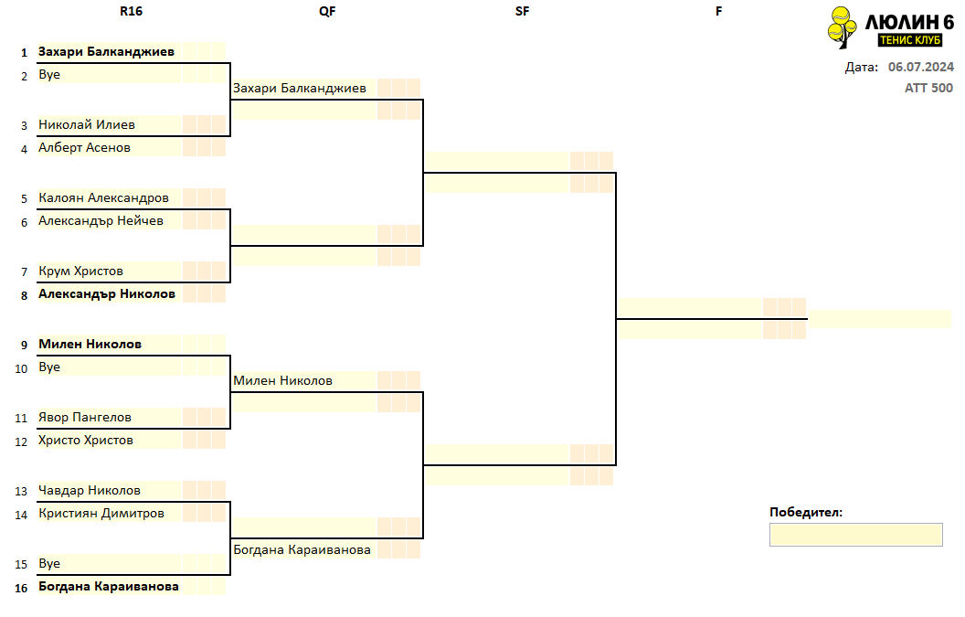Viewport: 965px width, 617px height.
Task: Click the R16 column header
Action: click(131, 11)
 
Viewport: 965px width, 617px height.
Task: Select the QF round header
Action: click(327, 11)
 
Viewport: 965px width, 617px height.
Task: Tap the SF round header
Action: click(523, 11)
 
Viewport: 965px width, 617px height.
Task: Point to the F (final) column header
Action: click(718, 11)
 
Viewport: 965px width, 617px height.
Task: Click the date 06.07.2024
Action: click(921, 67)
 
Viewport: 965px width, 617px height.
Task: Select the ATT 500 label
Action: click(928, 88)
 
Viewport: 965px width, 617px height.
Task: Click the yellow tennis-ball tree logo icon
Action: click(842, 27)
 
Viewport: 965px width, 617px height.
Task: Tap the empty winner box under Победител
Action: click(855, 535)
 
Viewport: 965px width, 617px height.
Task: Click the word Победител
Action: click(806, 512)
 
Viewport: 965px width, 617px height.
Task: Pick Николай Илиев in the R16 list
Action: click(87, 124)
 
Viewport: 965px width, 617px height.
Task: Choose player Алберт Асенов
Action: click(84, 147)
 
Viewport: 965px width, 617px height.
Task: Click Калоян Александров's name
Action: click(103, 197)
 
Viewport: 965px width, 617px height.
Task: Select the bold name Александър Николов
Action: click(107, 293)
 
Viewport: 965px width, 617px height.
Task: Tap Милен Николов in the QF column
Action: click(282, 380)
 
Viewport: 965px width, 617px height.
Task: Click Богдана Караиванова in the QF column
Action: click(302, 550)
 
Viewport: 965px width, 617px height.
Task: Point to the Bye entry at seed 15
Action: click(49, 563)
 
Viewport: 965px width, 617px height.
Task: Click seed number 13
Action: click(21, 492)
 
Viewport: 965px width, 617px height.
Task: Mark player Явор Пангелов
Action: click(85, 417)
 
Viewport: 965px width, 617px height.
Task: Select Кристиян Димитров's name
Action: click(101, 513)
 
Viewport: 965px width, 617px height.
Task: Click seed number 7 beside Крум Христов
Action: click(24, 272)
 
